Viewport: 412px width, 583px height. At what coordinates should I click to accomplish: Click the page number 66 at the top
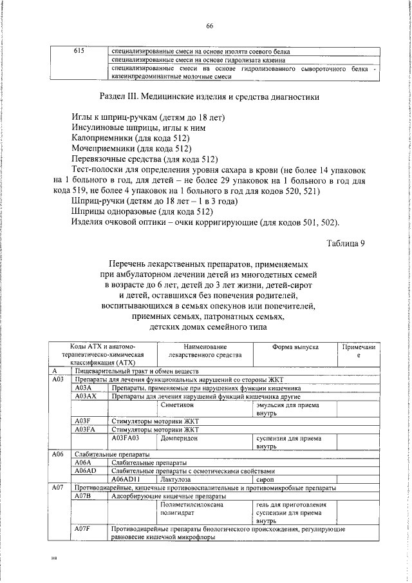coord(209,25)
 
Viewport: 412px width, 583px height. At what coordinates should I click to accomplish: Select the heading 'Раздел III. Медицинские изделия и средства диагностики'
coord(210,98)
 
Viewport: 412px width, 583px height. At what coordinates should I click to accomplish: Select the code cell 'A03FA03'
coord(126,437)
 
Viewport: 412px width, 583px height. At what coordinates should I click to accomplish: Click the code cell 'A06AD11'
coord(126,480)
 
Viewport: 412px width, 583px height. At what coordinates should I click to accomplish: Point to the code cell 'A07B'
coord(84,497)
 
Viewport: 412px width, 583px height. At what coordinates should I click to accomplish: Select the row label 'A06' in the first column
coord(57,454)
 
